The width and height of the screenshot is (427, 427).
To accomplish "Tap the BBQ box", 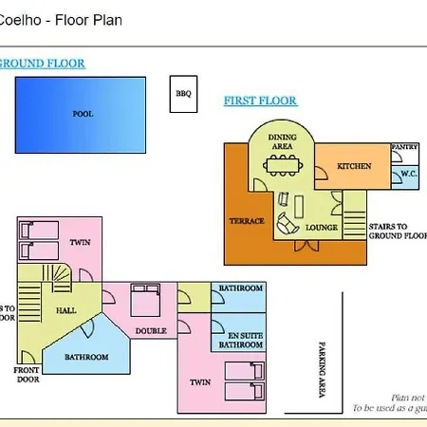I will (x=183, y=94).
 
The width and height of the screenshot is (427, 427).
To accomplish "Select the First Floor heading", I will (x=260, y=100).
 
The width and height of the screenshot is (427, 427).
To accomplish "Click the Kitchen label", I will (x=354, y=167).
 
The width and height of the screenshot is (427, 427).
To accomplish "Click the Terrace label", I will (x=246, y=221).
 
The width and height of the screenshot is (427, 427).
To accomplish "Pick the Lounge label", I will (x=314, y=228).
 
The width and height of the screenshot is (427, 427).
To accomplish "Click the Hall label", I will (x=65, y=309).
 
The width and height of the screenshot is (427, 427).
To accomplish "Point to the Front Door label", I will (x=26, y=373).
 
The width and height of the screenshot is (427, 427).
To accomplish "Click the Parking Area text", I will (x=322, y=368).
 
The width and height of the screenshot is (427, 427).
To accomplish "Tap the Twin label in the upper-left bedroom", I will (x=80, y=243).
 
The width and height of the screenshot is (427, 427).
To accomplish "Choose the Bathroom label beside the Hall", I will (x=85, y=357).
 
